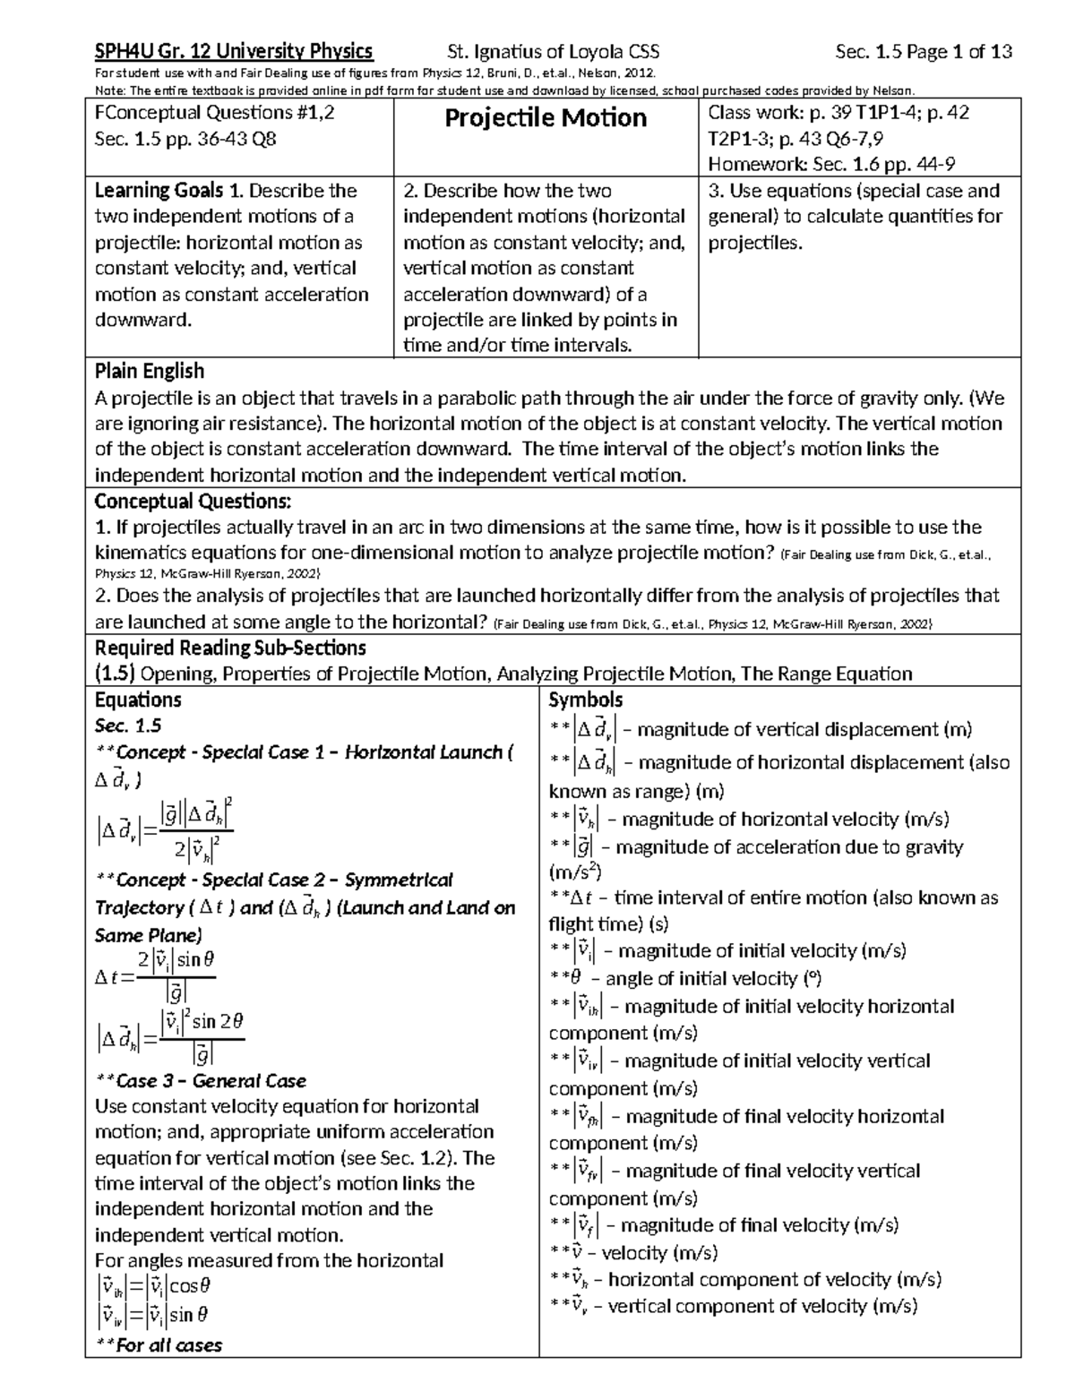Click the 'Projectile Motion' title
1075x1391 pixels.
pos(546,117)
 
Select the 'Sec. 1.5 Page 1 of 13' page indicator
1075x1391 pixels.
pos(923,51)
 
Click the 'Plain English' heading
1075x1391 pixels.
pos(150,371)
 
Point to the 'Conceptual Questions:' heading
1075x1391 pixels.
pos(193,501)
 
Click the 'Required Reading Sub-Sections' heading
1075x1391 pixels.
pos(230,648)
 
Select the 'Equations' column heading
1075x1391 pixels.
pos(138,700)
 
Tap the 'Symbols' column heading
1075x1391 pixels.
pos(585,700)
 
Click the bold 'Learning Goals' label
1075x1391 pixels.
pos(159,191)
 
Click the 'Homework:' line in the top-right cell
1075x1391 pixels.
pos(757,164)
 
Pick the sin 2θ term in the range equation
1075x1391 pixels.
pos(219,1021)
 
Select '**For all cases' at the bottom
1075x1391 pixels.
pos(159,1344)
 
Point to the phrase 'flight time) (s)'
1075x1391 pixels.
pos(608,923)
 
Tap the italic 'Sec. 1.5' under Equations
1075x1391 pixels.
pos(127,726)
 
